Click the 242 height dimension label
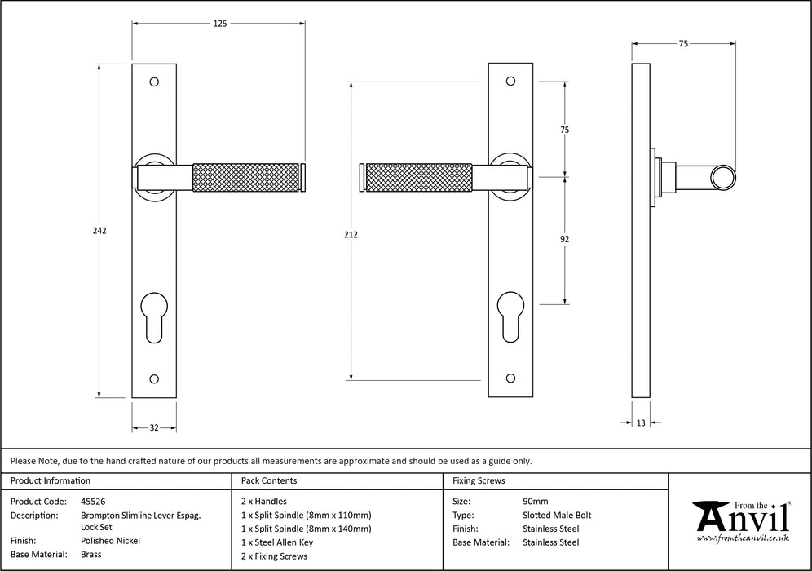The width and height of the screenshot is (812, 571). point(99,231)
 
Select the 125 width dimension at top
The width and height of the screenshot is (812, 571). point(220,24)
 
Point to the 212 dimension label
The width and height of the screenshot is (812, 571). point(351,235)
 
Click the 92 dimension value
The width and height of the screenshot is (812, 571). point(564,239)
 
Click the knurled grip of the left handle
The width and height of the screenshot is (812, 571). point(245,178)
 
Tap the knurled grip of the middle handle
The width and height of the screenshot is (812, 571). point(419,178)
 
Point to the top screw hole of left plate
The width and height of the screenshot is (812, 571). point(153,82)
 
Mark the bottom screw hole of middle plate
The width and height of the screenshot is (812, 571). point(510,378)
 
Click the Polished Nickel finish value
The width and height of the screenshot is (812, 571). point(110,541)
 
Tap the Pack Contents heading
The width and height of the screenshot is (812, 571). point(269,481)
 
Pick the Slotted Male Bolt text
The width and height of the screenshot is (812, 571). point(556,515)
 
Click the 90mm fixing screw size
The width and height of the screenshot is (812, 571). point(535,502)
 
